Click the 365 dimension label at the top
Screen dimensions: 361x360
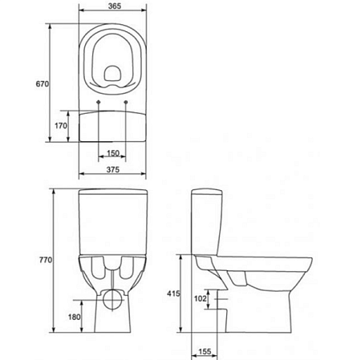tap(115, 6)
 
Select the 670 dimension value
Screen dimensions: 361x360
tap(43, 83)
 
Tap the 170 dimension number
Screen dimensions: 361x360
tap(61, 126)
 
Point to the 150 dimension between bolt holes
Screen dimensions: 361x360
tap(113, 153)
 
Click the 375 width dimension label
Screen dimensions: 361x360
tap(113, 169)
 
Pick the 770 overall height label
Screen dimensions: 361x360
tap(46, 260)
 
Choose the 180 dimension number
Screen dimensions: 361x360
tap(74, 317)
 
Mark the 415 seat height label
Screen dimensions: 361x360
tap(173, 293)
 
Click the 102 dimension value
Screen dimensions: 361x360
tap(201, 298)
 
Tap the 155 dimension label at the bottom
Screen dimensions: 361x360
tap(205, 351)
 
